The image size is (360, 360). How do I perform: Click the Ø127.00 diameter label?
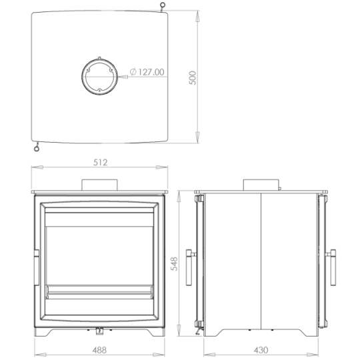click(x=147, y=72)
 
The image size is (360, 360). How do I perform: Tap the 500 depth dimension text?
click(x=193, y=78)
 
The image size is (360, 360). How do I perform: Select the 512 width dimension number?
click(x=100, y=163)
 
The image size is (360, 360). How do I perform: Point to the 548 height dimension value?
click(x=174, y=264)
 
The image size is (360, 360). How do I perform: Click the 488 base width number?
click(x=99, y=350)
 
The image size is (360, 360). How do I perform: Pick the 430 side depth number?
click(x=261, y=350)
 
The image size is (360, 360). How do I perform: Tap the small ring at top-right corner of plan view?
click(x=163, y=5)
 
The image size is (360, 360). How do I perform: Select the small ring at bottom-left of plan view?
click(x=37, y=149)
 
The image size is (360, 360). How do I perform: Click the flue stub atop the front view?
click(x=99, y=185)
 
